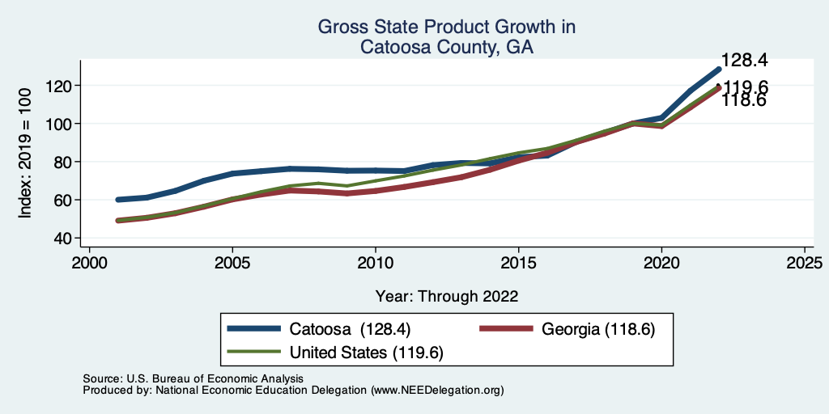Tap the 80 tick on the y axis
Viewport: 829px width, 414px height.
tap(65, 162)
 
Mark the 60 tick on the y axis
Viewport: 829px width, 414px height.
tap(65, 200)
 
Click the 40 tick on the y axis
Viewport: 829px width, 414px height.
tap(65, 238)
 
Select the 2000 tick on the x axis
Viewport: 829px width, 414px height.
tap(89, 264)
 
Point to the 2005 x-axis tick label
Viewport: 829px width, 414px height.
tap(232, 264)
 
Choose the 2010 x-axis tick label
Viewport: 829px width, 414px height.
tap(376, 264)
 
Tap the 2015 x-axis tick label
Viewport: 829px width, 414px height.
tap(518, 264)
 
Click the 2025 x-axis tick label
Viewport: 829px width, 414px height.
tap(805, 264)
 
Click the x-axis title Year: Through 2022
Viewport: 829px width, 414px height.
tap(447, 296)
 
